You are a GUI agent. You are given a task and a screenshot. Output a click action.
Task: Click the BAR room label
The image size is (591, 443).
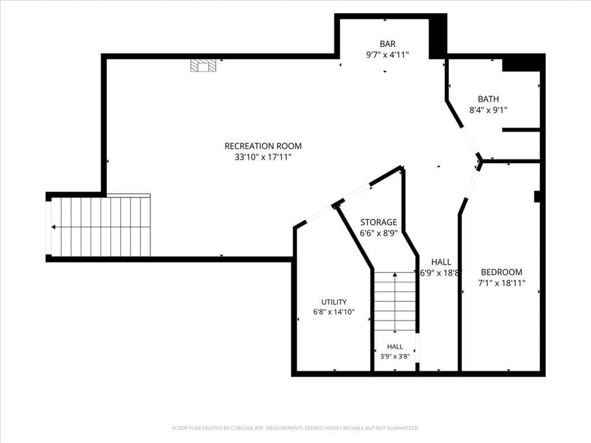(x=387, y=44)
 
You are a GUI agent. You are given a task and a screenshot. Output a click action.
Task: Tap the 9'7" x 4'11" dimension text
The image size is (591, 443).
(x=387, y=55)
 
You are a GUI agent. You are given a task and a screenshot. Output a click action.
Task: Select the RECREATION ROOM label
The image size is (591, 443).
(x=263, y=146)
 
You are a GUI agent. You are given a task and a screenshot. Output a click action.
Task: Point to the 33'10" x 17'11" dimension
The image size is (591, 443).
(x=263, y=157)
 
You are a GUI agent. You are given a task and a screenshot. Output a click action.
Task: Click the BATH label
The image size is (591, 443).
(x=488, y=99)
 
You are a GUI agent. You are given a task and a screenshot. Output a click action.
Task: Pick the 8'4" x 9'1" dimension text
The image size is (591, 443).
(x=488, y=110)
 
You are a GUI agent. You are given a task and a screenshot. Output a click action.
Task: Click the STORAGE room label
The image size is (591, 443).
(x=379, y=222)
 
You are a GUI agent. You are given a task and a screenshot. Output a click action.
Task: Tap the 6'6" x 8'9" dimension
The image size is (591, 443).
(x=379, y=234)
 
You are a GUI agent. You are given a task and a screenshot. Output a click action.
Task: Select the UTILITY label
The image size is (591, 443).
(x=334, y=302)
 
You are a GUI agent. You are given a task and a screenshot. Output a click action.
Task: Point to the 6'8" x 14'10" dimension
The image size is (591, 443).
(x=334, y=312)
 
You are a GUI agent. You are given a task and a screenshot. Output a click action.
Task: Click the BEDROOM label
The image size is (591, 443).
(x=502, y=272)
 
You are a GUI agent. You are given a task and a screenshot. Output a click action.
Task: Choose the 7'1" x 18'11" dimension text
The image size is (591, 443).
(x=502, y=283)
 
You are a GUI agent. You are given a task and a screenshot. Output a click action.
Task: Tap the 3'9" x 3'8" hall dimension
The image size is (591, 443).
(x=395, y=356)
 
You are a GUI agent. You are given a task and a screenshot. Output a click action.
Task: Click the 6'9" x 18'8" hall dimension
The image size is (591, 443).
(x=441, y=273)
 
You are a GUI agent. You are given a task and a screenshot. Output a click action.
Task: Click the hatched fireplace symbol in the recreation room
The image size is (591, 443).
(x=203, y=65)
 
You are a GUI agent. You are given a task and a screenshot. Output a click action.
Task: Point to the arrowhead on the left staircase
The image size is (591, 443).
(x=54, y=227)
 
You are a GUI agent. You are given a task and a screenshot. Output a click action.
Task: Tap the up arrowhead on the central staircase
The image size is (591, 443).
(x=395, y=275)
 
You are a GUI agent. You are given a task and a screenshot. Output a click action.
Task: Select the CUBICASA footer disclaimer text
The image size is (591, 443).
(x=295, y=428)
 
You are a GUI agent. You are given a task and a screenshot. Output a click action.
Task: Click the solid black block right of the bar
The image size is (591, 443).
(x=437, y=36)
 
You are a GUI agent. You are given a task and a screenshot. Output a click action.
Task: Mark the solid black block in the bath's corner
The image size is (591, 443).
(x=523, y=62)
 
